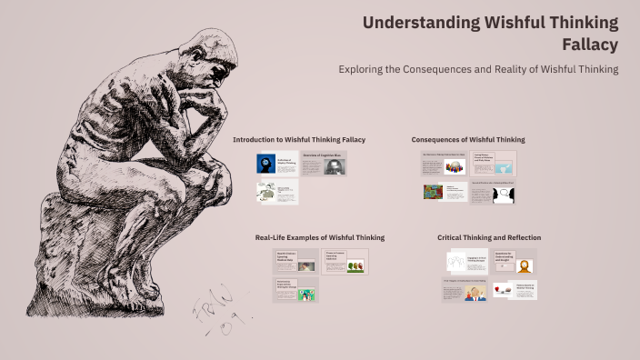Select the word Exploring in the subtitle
(x=363, y=69)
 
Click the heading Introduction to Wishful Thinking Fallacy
(x=299, y=139)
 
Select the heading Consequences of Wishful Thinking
(x=467, y=139)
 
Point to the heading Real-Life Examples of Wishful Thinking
(x=319, y=237)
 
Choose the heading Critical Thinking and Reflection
(x=486, y=237)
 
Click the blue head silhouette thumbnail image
(x=265, y=165)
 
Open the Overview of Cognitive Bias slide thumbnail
(x=324, y=164)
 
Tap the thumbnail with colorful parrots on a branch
(x=356, y=265)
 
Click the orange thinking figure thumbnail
(x=524, y=265)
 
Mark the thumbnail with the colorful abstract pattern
(x=433, y=192)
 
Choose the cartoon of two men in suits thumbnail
(x=475, y=293)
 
